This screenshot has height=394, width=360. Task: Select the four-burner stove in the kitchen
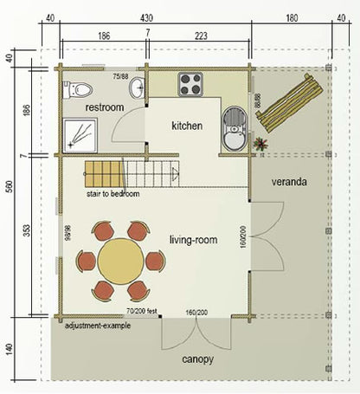[190, 84]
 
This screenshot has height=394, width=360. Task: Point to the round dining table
[120, 261]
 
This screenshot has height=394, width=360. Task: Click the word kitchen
[187, 126]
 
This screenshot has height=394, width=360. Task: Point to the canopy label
[198, 358]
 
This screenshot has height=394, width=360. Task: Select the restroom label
[106, 107]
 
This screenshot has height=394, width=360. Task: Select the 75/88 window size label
[120, 75]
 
